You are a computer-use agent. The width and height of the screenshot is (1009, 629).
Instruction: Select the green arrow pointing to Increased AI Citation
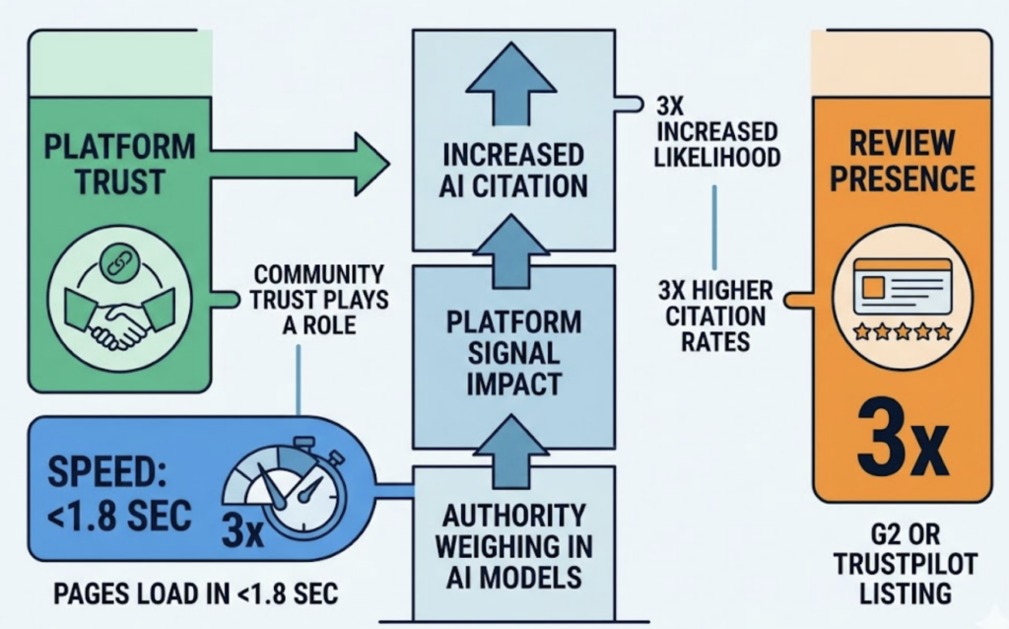pos(296,163)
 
